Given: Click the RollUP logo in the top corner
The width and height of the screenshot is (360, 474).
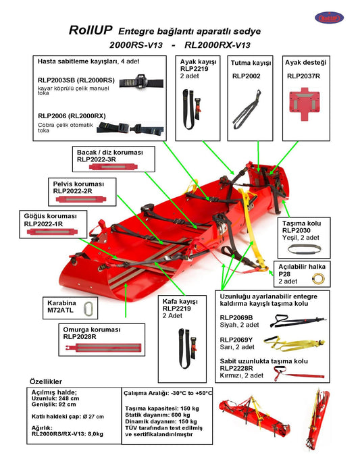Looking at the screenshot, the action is pyautogui.click(x=329, y=18).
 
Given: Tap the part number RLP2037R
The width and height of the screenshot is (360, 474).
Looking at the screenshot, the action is pyautogui.click(x=303, y=76).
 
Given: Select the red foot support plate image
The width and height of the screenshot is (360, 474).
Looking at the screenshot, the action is pyautogui.click(x=305, y=104).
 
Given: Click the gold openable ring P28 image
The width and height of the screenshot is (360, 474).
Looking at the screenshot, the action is pyautogui.click(x=318, y=278).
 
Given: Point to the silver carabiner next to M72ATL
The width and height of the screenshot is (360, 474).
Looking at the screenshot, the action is pyautogui.click(x=88, y=309).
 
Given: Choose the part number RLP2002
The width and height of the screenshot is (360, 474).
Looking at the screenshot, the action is pyautogui.click(x=246, y=76).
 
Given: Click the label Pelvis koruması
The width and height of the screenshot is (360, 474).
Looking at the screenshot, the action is pyautogui.click(x=78, y=184).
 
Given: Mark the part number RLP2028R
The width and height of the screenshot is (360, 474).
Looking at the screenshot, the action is pyautogui.click(x=80, y=337).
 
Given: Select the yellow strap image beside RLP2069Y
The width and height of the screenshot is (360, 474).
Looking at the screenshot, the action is pyautogui.click(x=294, y=344).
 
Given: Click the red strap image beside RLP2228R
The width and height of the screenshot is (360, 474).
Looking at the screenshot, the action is pyautogui.click(x=299, y=373).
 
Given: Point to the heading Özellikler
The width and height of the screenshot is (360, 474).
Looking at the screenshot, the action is pyautogui.click(x=46, y=381).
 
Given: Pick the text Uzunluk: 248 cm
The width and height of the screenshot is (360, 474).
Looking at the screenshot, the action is pyautogui.click(x=53, y=398).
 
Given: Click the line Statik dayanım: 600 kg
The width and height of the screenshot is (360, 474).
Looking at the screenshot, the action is pyautogui.click(x=157, y=415).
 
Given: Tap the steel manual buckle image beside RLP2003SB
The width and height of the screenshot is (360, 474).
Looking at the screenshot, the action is pyautogui.click(x=141, y=82).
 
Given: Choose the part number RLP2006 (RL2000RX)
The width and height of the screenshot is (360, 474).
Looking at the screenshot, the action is pyautogui.click(x=72, y=116).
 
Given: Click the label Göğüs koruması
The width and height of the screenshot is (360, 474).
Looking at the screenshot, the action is pyautogui.click(x=50, y=216).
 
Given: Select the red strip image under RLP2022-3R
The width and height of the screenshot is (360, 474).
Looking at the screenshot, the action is pyautogui.click(x=113, y=167).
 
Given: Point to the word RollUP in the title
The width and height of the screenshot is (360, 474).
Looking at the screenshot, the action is pyautogui.click(x=91, y=30).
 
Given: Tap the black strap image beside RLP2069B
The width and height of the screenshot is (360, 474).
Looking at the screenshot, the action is pyautogui.click(x=298, y=321).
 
